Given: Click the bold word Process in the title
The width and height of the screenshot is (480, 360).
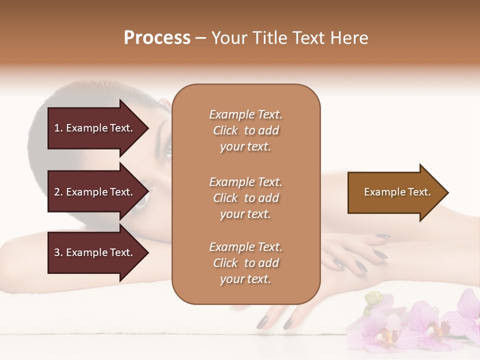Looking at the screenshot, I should tap(157, 38).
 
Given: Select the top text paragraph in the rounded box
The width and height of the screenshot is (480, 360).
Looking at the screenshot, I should tap(245, 130).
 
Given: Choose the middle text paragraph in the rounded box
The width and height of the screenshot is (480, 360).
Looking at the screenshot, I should tap(245, 198).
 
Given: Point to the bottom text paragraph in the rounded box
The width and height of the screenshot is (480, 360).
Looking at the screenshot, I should tap(245, 263).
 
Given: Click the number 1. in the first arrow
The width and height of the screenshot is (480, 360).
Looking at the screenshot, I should tap(58, 128).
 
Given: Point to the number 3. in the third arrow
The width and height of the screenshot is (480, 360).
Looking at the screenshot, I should tap(58, 252).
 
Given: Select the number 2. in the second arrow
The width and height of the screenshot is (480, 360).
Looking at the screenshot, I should tap(58, 192).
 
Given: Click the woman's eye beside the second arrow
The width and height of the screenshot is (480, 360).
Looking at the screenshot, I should tap(141, 200).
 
